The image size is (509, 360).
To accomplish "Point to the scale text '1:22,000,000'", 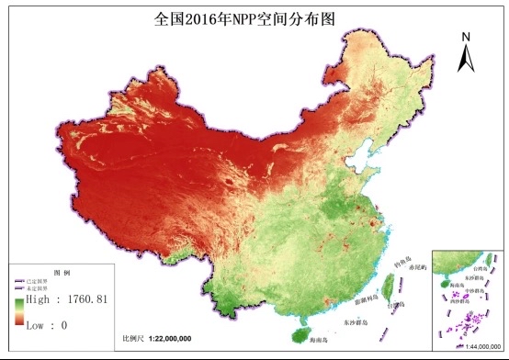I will (x=172, y=339).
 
